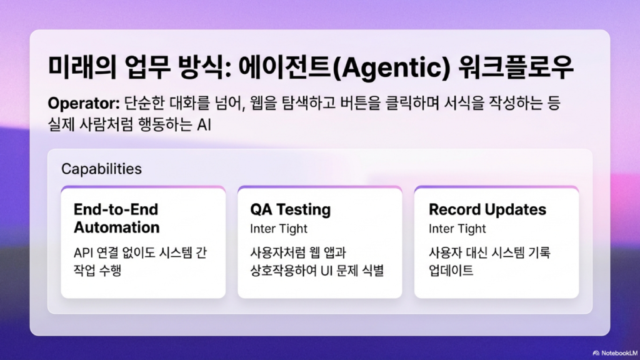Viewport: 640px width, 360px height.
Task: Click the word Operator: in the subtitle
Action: (84, 104)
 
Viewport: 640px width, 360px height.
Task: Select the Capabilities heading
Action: (102, 169)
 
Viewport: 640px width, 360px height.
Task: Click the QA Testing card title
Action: (290, 209)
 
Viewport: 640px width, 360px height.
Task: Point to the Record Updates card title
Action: (487, 209)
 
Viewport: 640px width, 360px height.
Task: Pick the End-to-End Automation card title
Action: (116, 218)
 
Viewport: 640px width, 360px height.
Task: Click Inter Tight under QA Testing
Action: (279, 229)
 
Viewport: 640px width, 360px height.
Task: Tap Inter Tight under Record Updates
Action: (457, 229)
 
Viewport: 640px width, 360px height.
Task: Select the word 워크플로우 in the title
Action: (516, 67)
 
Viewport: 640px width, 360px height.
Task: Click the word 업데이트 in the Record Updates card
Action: (451, 271)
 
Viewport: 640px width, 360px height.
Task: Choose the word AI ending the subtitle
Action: (204, 125)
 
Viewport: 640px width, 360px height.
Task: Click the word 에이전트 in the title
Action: (285, 67)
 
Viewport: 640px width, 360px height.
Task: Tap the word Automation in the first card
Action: (117, 227)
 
